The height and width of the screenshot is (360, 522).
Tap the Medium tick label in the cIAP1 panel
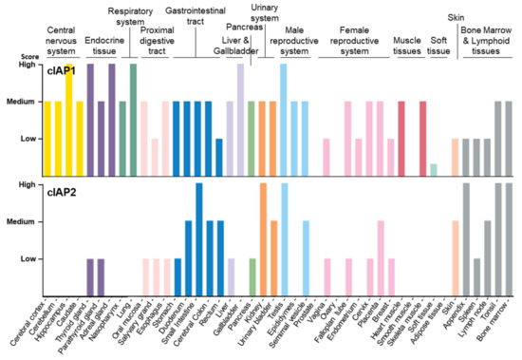[23, 103]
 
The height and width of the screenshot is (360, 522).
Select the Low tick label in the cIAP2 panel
[29, 258]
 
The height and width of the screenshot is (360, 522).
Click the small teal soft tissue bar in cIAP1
[433, 169]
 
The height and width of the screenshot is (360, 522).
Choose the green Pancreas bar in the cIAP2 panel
[252, 275]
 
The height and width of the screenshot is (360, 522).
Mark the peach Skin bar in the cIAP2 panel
[456, 256]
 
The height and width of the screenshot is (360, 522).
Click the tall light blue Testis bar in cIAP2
[285, 237]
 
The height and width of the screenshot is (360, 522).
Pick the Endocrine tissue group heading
[104, 44]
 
